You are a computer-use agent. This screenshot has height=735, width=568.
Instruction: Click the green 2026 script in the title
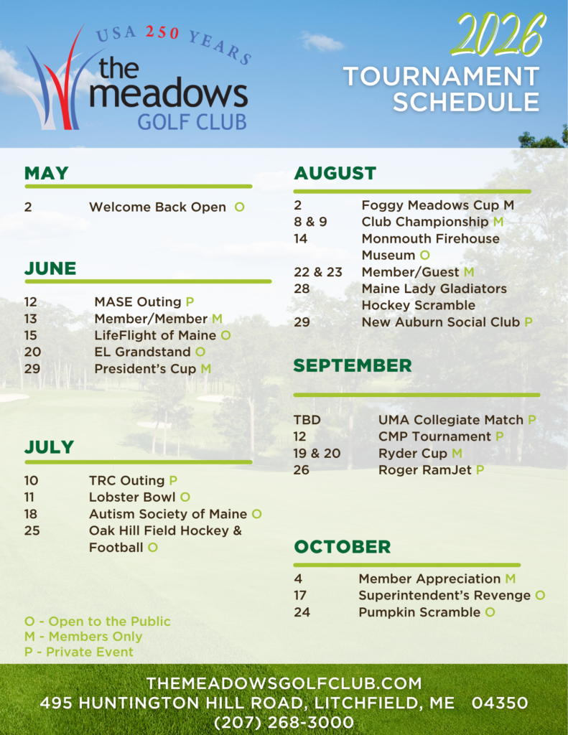[498, 34]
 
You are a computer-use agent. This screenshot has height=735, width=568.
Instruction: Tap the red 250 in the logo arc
[162, 32]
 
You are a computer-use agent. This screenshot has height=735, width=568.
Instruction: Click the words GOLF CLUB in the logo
[192, 122]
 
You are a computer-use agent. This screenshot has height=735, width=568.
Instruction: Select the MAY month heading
[47, 174]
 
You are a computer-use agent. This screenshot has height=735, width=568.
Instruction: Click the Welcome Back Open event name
[157, 207]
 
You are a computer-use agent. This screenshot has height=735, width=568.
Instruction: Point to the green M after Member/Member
[217, 319]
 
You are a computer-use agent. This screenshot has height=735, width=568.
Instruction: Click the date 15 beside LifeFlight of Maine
[30, 336]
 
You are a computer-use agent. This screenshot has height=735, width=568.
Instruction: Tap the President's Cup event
[145, 369]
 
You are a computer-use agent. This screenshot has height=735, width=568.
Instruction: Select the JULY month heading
[50, 447]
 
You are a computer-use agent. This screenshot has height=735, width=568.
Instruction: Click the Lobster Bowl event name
[132, 497]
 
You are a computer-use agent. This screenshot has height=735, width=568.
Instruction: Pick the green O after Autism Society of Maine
[256, 514]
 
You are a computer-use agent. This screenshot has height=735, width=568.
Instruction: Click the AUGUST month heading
[335, 174]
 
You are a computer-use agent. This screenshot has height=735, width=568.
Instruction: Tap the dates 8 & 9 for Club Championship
[310, 222]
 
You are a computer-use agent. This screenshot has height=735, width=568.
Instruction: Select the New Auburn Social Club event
[441, 322]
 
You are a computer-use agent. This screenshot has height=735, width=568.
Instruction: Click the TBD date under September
[307, 420]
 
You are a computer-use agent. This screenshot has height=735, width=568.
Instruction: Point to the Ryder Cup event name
[413, 454]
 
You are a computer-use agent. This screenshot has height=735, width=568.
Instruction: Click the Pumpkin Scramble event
[419, 612]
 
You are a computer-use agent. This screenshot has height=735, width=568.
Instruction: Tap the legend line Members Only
[83, 637]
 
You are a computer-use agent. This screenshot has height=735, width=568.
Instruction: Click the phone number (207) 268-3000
[284, 722]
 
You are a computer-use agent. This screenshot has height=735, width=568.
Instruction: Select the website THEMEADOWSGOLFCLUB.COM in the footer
[284, 683]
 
